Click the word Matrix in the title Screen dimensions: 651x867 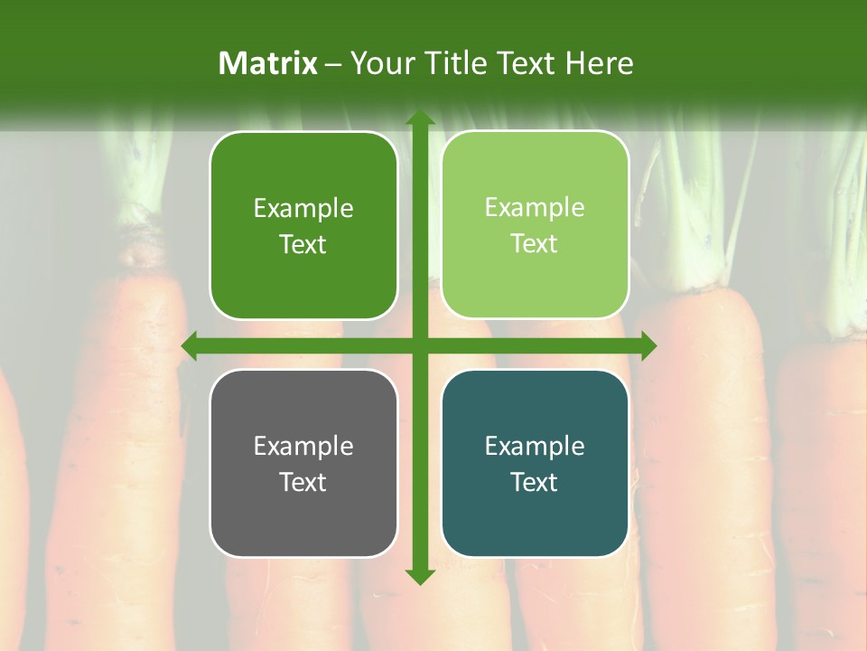click(x=268, y=63)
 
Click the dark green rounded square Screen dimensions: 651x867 click(x=303, y=225)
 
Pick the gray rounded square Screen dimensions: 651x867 click(x=303, y=463)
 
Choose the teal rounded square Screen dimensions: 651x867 click(x=535, y=463)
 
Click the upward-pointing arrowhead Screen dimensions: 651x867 click(x=419, y=118)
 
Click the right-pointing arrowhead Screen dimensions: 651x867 click(x=648, y=345)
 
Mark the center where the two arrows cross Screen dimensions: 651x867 click(x=419, y=345)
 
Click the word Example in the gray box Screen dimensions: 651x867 click(x=303, y=446)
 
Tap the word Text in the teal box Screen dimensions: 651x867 click(x=535, y=482)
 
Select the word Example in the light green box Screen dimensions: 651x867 click(x=535, y=207)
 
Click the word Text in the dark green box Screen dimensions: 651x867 click(x=303, y=244)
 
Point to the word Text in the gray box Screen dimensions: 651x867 click(x=303, y=482)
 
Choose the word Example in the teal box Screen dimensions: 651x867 click(x=535, y=446)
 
